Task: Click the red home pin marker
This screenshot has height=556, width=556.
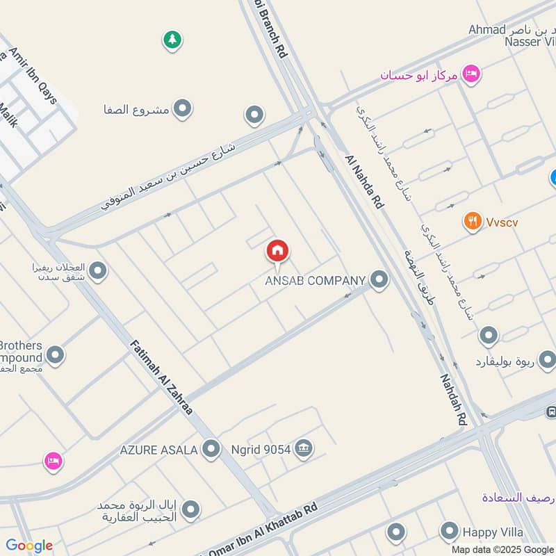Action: pos(277,252)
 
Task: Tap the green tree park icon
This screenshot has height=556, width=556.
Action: pos(172,40)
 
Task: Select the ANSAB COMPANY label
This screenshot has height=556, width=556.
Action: pos(315,281)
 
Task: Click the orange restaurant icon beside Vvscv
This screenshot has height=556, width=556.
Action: pos(473,222)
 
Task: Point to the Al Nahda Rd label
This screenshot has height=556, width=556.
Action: pos(364,182)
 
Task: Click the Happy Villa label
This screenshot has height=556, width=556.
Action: pos(493,532)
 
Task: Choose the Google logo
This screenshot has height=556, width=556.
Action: pos(29,546)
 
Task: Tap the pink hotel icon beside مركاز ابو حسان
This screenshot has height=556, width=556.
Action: pos(471,74)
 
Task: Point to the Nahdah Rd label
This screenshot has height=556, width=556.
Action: pos(452,400)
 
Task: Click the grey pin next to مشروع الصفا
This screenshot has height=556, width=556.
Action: pos(183,108)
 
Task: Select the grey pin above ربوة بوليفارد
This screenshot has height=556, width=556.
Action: pos(489,336)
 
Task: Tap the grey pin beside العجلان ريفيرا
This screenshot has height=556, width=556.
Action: pos(98,271)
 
